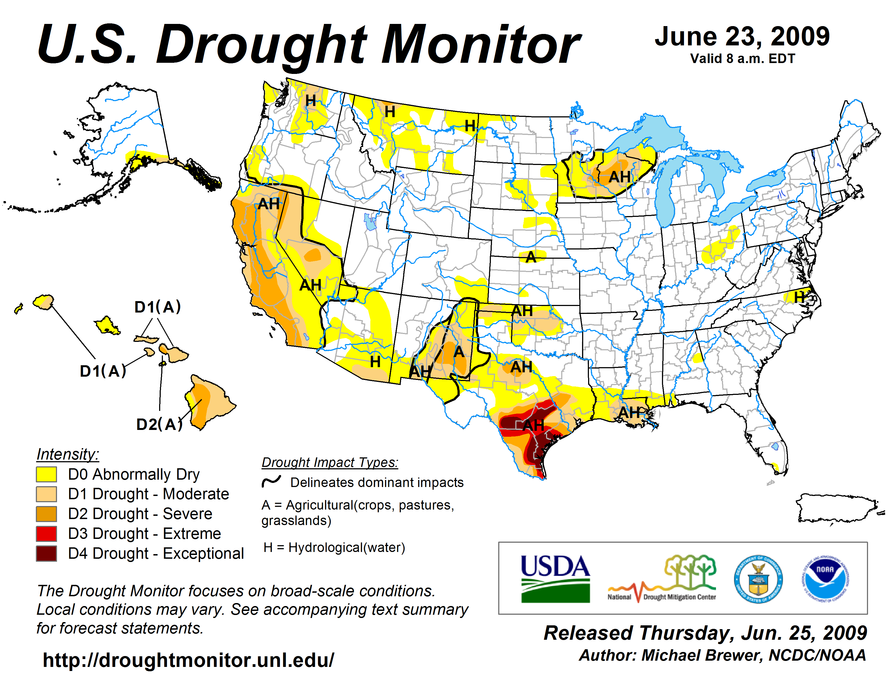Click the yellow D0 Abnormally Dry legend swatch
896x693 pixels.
coord(46,474)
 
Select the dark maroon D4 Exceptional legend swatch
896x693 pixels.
coord(46,553)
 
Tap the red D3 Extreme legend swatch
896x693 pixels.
coord(46,534)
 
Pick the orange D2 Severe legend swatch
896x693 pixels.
coord(46,514)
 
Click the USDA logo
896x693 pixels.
coord(555,579)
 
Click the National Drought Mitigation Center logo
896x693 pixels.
coord(662,579)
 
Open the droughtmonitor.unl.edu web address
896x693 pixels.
coord(188,660)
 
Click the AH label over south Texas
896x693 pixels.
coord(533,425)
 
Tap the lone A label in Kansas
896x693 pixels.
coord(531,257)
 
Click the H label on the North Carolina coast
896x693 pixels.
coord(799,297)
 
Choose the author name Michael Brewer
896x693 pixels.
coord(702,655)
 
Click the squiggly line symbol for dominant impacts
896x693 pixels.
coord(271,481)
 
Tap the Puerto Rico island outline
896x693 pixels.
coord(837,509)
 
